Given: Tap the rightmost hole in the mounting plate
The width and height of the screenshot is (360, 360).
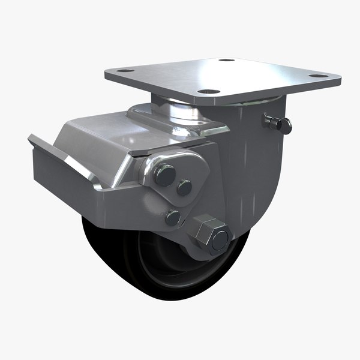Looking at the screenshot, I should (319, 76).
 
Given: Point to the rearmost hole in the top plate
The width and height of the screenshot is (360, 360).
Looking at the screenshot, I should (226, 60).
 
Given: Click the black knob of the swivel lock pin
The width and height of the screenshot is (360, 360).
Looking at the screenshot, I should (286, 126).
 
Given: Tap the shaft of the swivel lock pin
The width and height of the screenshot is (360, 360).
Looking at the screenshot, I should (272, 122).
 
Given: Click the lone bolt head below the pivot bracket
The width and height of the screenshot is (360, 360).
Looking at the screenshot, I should (173, 217).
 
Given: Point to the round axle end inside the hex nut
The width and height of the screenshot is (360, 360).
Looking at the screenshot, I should (219, 238).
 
